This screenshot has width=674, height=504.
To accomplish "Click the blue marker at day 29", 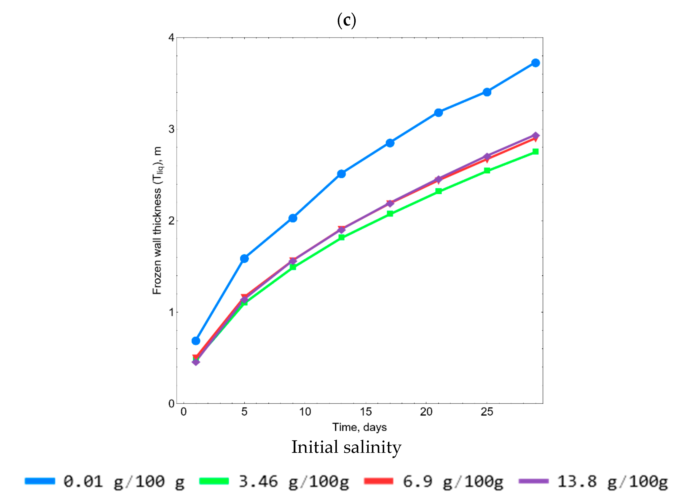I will [535, 63].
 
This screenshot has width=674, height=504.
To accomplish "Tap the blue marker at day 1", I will [196, 341].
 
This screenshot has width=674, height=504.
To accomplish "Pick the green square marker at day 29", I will [535, 151].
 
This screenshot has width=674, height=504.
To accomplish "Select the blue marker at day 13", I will [341, 174].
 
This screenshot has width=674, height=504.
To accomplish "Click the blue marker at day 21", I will [438, 113].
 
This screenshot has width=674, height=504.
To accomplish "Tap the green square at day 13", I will [341, 237].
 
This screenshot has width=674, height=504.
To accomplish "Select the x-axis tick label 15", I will [365, 412].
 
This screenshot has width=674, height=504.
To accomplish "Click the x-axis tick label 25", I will [487, 412].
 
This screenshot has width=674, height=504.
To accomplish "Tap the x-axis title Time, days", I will [359, 427].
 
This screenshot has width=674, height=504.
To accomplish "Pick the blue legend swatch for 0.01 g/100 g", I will [40, 481].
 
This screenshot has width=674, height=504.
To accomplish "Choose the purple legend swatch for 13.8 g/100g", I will [534, 481].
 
